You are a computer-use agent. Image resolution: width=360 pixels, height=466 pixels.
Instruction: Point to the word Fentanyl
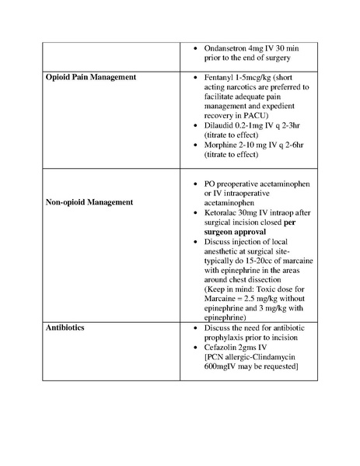[222, 79]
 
